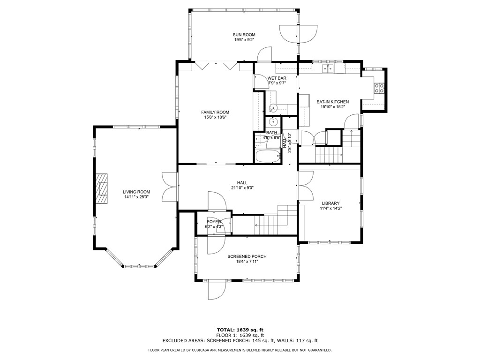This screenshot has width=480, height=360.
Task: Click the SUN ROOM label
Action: [244, 35]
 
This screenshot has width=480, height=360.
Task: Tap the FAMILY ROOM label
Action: [215, 112]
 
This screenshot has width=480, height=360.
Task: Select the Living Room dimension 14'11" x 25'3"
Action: [136, 197]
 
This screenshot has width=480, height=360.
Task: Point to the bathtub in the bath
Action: [268, 157]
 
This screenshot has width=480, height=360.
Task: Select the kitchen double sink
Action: [328, 69]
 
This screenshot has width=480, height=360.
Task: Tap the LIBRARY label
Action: [330, 203]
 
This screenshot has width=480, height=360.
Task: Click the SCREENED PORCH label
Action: [247, 256]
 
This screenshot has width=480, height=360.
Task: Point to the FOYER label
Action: [214, 222]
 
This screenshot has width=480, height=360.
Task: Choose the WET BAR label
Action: [277, 78]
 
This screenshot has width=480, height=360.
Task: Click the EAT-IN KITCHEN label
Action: [332, 102]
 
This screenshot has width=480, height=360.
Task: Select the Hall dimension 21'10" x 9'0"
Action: [242, 188]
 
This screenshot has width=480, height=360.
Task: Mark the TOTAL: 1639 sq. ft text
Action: [242, 330]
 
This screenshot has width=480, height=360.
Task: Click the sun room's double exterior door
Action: [298, 33]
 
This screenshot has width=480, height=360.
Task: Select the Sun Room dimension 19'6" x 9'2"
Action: [244, 40]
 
